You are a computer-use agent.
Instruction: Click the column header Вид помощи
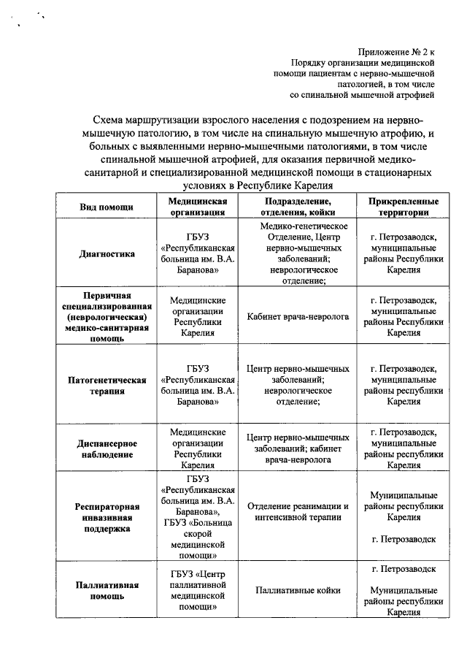[x=107, y=207]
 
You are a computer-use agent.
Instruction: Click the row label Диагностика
[x=107, y=254]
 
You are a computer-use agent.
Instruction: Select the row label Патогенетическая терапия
[x=107, y=385]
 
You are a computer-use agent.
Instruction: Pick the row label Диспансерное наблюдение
[x=107, y=448]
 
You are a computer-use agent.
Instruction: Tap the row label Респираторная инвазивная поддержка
[x=107, y=516]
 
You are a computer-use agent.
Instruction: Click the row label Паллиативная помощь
[x=107, y=590]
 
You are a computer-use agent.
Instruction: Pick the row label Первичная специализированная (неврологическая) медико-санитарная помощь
[x=107, y=316]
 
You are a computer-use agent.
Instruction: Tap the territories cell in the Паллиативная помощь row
[x=404, y=590]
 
